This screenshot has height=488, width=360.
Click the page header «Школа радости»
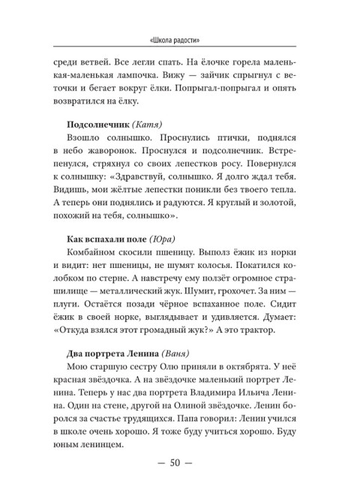179,41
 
